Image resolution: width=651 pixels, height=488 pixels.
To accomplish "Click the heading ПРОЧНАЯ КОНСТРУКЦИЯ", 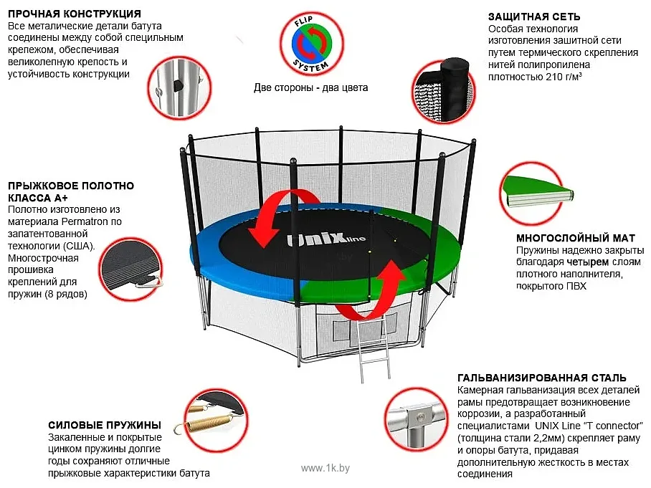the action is pyautogui.click(x=75, y=14).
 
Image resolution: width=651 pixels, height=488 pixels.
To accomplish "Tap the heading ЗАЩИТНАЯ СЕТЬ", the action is pyautogui.click(x=534, y=16).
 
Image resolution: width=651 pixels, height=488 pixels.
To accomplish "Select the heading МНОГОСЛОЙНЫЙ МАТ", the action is pyautogui.click(x=576, y=238).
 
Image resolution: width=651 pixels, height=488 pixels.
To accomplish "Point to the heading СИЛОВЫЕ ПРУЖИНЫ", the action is pyautogui.click(x=105, y=426).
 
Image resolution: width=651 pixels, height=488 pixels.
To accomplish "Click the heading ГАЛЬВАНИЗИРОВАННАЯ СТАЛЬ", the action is pyautogui.click(x=542, y=378).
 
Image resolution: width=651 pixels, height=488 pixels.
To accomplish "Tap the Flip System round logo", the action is pyautogui.click(x=311, y=44).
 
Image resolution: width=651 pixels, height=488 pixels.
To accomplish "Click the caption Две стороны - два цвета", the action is pyautogui.click(x=311, y=88).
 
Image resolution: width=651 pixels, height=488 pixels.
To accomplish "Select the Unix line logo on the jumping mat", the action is pyautogui.click(x=326, y=239).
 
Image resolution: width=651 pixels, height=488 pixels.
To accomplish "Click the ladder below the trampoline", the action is pyautogui.click(x=374, y=347).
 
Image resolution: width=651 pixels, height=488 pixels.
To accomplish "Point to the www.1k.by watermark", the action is pyautogui.click(x=325, y=468).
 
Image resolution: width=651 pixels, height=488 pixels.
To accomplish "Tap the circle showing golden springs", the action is pyautogui.click(x=216, y=421).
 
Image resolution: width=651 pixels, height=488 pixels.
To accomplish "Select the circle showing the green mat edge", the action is pyautogui.click(x=532, y=193).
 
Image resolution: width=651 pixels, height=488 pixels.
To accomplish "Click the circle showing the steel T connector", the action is pyautogui.click(x=416, y=419).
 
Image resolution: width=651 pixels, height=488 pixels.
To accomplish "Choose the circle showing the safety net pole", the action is pyautogui.click(x=444, y=91).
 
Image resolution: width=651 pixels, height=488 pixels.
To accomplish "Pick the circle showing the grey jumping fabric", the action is pyautogui.click(x=131, y=269).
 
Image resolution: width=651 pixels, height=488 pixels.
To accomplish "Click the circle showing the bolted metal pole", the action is pyautogui.click(x=180, y=88).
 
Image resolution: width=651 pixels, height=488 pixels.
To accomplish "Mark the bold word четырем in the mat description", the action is pyautogui.click(x=588, y=262).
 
